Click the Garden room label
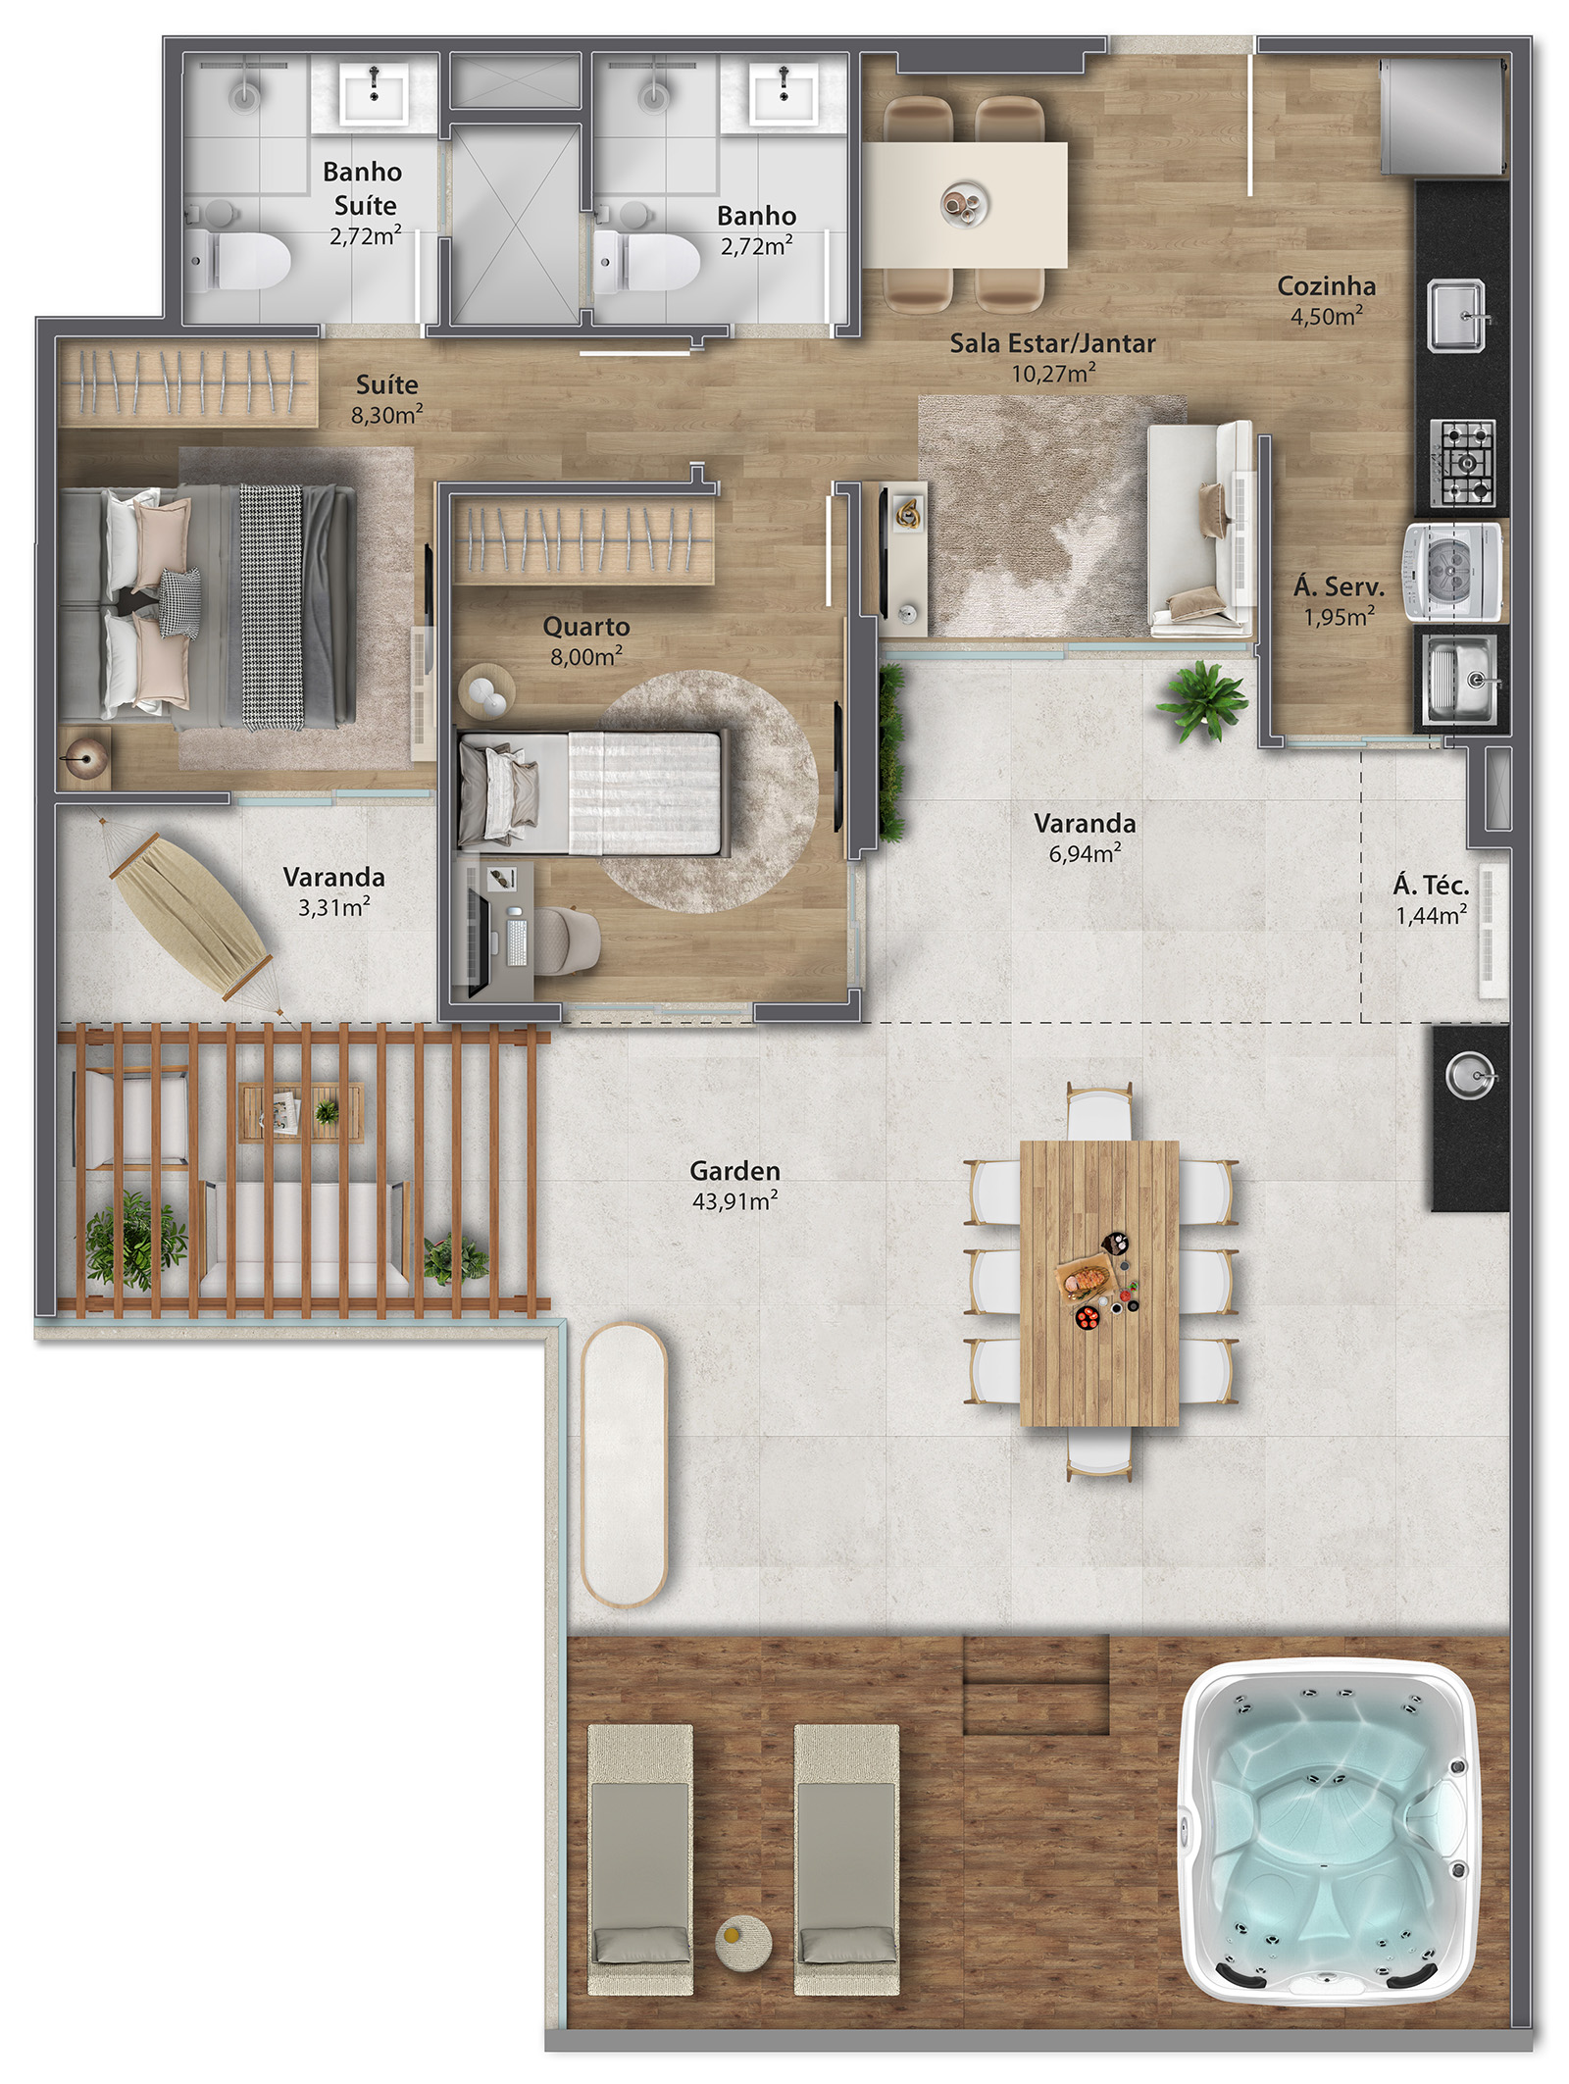(734, 1170)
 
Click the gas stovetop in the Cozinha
(1462, 463)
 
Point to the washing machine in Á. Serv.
(1452, 571)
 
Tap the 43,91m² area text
(734, 1200)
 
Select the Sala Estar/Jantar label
(1052, 343)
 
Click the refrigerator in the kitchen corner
(1442, 115)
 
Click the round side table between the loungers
(742, 1943)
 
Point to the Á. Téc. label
(1431, 885)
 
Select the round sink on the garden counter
(1470, 1076)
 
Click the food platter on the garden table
(1084, 1278)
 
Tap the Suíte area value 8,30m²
(387, 414)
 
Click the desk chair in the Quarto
(568, 940)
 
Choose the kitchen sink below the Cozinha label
(1456, 316)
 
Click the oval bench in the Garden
(624, 1465)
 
